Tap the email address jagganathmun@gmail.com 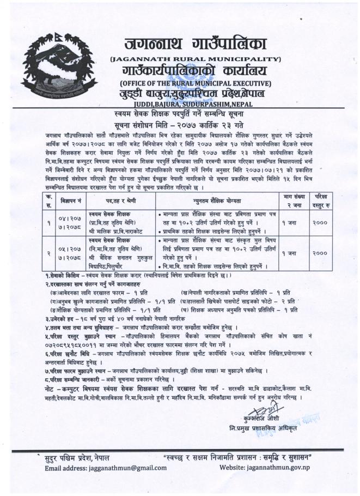click(x=98, y=469)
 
